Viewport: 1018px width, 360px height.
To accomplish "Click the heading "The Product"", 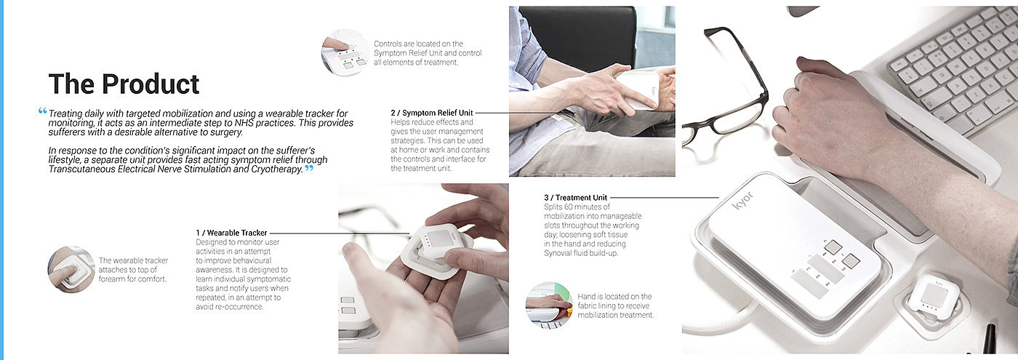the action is [124, 84].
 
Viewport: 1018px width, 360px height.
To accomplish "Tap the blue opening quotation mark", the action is [43, 111].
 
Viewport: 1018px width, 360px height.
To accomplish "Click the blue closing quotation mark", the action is [309, 169].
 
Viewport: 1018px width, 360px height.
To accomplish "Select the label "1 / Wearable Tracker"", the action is [232, 233].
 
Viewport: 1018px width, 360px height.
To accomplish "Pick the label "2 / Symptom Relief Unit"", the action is [432, 113].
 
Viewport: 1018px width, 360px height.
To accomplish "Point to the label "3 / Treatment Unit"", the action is [576, 198].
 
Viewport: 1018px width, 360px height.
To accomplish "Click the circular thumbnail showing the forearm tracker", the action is [71, 269].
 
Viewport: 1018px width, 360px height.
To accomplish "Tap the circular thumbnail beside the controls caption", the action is [345, 52].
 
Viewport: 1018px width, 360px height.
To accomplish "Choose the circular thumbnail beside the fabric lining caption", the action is [548, 305].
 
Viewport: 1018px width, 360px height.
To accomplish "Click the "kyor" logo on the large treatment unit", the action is [742, 201].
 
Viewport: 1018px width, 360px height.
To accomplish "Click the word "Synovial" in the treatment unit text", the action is [561, 253].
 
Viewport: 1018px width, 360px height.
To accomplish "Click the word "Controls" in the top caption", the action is [388, 44].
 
